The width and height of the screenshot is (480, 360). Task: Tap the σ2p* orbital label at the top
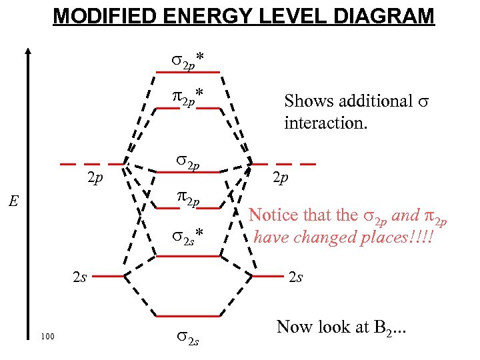coord(188,61)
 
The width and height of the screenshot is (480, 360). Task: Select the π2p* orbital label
coord(187,97)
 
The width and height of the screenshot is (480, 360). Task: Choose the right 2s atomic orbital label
coord(296,277)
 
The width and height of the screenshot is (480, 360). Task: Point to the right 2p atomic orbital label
coord(280,178)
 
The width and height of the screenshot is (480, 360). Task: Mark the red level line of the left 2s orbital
coord(105,275)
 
